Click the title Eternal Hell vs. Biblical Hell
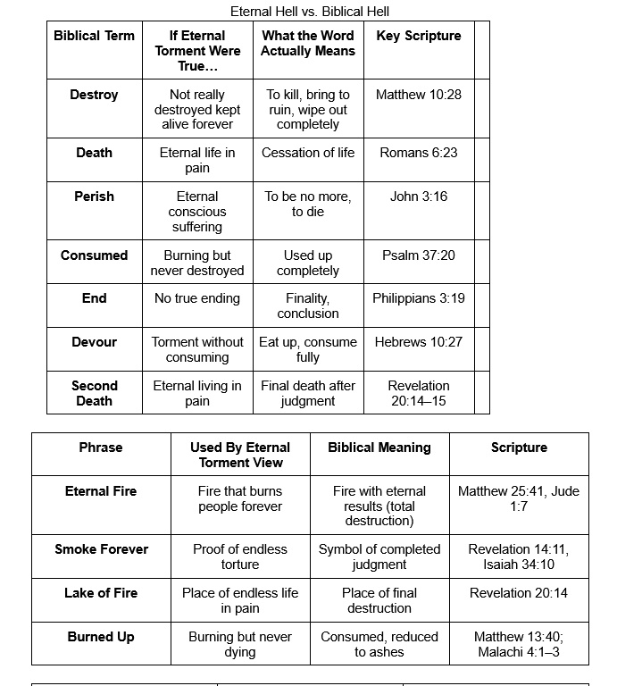click(310, 12)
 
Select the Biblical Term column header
click(94, 36)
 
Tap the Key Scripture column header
click(419, 36)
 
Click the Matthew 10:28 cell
click(419, 94)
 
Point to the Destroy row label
click(94, 94)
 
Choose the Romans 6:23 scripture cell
click(419, 153)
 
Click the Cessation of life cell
click(308, 153)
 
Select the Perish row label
click(94, 197)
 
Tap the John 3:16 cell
click(419, 197)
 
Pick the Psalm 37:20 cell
click(419, 255)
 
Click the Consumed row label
click(94, 255)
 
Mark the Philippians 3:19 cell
click(419, 298)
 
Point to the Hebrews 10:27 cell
click(419, 342)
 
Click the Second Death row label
click(94, 393)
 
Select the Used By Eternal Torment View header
click(240, 455)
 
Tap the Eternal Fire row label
click(101, 491)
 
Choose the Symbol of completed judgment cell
click(379, 556)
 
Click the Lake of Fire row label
click(101, 593)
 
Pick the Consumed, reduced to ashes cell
click(379, 644)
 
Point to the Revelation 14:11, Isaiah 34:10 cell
click(519, 556)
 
